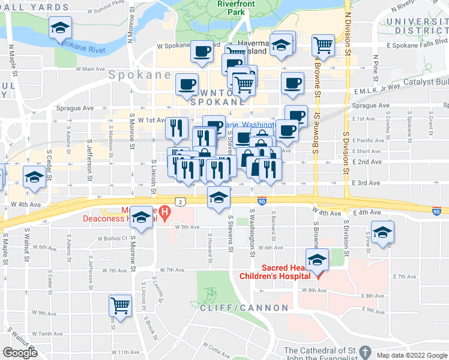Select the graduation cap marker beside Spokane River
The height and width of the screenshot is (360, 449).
tap(60, 28)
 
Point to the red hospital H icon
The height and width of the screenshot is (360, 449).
tap(163, 212)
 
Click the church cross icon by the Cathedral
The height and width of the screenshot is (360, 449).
tap(367, 350)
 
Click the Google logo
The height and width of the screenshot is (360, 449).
tap(20, 353)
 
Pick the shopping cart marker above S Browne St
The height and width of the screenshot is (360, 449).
tap(323, 44)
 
